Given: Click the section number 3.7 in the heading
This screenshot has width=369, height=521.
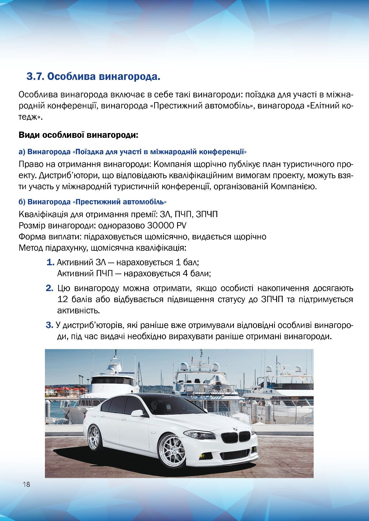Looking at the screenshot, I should tap(35, 77).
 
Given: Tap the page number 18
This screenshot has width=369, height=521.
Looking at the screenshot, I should tap(26, 484).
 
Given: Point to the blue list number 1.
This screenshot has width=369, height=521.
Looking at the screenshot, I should tap(50, 263).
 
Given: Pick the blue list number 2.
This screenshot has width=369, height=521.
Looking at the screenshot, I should tap(49, 288).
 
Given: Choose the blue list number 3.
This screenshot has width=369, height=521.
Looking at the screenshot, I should tap(49, 325).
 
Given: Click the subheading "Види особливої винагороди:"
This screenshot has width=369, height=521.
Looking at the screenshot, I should tap(79, 135).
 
